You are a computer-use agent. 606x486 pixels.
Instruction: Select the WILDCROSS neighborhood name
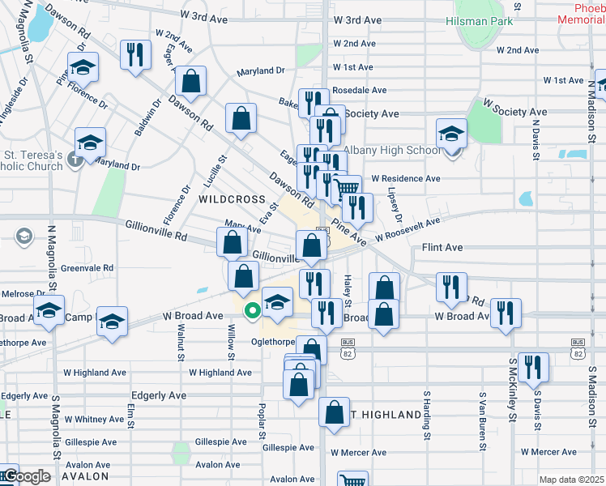[x=232, y=198]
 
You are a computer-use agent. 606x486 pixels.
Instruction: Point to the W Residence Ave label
[x=405, y=178]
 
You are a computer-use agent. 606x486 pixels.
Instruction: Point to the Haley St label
[x=347, y=286]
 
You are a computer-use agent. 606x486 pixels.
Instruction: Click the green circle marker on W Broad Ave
[x=253, y=309]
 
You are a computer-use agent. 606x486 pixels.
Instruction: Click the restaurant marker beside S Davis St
[x=533, y=366]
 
